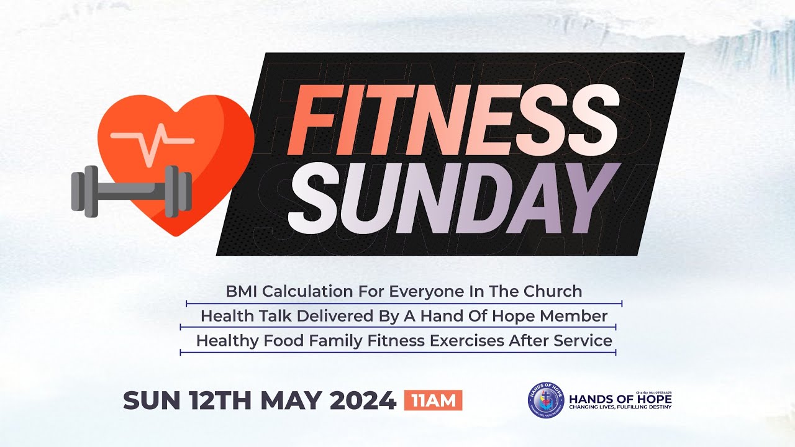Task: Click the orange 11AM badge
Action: click(x=433, y=400)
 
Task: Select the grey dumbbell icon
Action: click(x=131, y=190)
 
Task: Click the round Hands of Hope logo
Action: click(x=547, y=399)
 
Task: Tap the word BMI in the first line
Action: click(x=239, y=291)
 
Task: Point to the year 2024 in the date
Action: click(x=363, y=400)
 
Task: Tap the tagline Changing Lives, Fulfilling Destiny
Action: click(x=620, y=408)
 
